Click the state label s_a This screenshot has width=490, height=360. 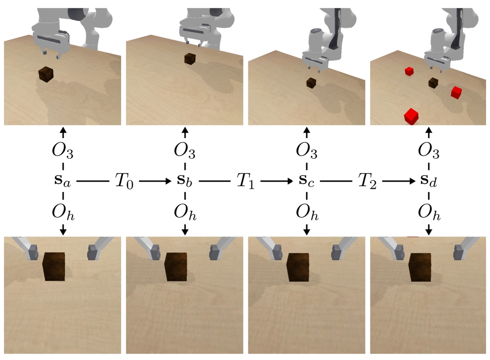coord(63,181)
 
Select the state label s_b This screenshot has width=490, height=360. coord(185,181)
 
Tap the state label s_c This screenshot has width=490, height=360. coord(307,181)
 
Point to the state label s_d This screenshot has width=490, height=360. coord(429,181)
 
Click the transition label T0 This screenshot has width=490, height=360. coord(123,181)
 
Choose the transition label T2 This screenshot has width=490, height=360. coord(367,181)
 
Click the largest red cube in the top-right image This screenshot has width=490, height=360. coord(411,117)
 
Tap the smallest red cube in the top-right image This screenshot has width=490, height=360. coord(409,72)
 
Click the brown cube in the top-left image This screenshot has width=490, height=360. coord(46,74)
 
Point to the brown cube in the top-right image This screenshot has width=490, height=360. coord(433,83)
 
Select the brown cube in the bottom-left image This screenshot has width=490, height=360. coord(54,266)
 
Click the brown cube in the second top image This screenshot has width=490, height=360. coord(190,59)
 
